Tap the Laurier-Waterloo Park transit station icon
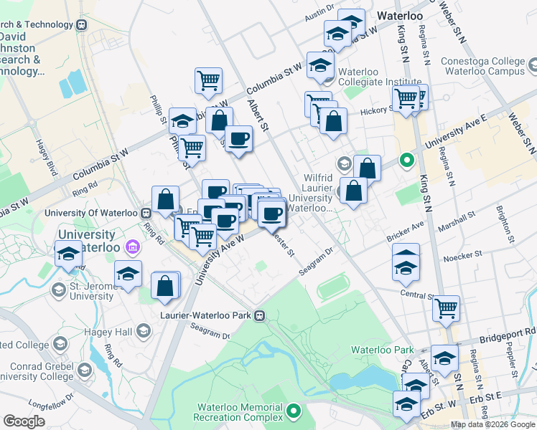[261, 315]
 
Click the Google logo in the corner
[24, 421]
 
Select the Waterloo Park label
[382, 350]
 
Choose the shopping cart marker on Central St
[447, 308]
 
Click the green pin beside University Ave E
[407, 160]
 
